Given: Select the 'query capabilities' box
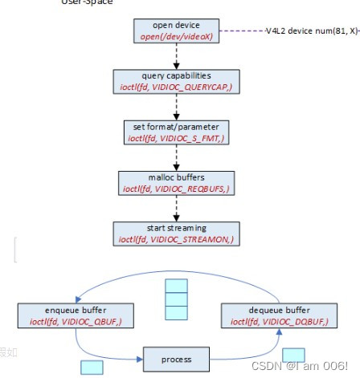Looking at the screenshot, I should coord(175,80).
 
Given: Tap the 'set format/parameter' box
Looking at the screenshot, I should coord(175,132).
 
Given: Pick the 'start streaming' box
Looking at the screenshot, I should coord(175,233).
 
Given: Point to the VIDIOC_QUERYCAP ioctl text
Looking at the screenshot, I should coord(175,86).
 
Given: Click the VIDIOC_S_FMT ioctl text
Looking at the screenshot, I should coord(175,138).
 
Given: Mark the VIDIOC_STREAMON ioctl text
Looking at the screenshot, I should coord(175,238).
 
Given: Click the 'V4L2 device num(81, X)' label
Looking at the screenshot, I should coord(312,31).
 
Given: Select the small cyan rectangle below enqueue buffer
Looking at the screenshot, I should coord(92,368).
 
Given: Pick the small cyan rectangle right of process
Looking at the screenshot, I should coord(293,354).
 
